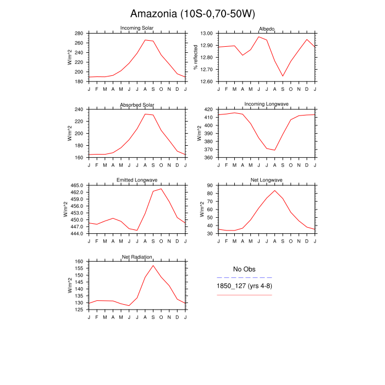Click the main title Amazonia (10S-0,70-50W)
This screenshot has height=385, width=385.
(193, 14)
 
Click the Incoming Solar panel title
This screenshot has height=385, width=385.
(137, 29)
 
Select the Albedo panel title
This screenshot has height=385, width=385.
(267, 29)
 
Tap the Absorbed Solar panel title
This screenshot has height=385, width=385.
(137, 105)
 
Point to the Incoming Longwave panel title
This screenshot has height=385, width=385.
(267, 105)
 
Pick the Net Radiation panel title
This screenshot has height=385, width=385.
(137, 257)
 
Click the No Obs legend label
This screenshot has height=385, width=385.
(244, 269)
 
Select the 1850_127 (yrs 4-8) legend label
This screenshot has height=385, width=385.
(244, 287)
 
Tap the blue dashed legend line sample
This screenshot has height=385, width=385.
(244, 278)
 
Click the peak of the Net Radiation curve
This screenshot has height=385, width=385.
(153, 265)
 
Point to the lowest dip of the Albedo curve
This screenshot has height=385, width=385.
(283, 76)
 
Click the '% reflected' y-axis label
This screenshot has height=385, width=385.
(196, 57)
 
